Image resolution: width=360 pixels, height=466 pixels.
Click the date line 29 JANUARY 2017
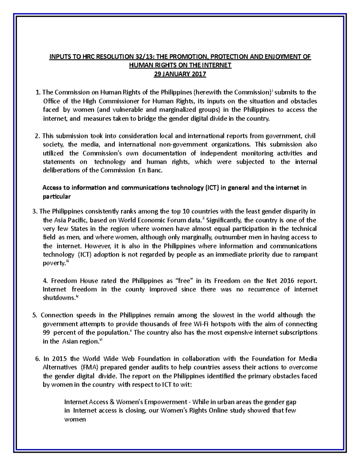click(180, 74)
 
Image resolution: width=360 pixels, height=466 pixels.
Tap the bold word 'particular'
click(56, 197)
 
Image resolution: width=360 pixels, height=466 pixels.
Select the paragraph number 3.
click(34, 211)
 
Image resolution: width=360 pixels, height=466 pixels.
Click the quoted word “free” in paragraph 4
click(183, 281)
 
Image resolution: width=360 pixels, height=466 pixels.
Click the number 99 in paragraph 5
click(47, 332)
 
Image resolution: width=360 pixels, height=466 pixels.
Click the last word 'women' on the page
click(75, 419)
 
